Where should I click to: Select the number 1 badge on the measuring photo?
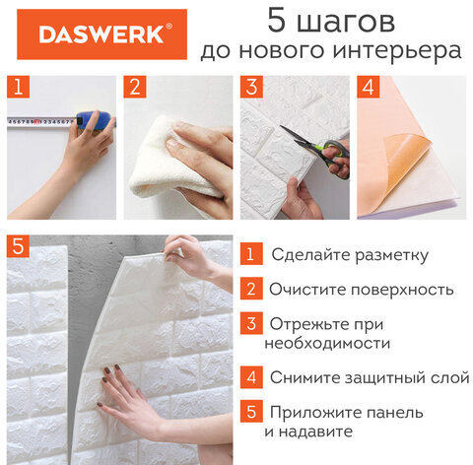17,85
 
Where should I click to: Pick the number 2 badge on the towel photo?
134,85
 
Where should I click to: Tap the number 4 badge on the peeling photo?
368,85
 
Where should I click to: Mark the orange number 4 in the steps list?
252,377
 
